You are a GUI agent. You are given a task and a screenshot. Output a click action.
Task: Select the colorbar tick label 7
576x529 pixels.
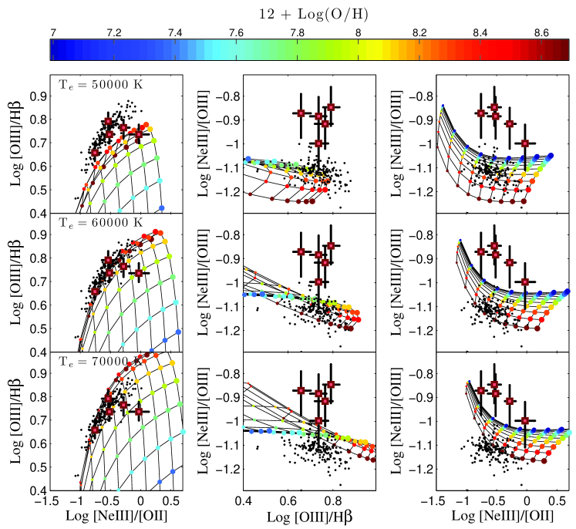coord(52,33)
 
